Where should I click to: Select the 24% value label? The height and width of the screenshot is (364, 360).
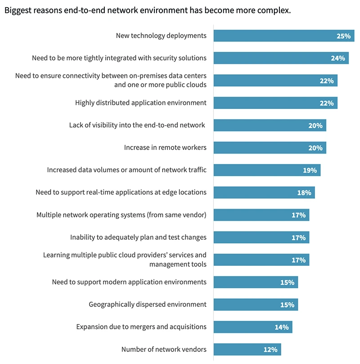tap(338, 58)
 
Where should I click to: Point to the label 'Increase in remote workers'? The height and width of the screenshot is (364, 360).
tap(165, 148)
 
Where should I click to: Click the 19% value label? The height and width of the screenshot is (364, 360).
tap(310, 170)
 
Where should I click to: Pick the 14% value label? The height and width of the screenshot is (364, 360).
tap(282, 327)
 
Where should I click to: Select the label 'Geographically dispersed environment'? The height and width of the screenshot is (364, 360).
tap(148, 305)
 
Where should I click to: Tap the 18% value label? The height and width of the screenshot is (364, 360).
tap(304, 193)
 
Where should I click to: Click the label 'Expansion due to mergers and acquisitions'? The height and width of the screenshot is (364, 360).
tap(141, 327)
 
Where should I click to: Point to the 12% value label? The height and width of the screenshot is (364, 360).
tap(270, 350)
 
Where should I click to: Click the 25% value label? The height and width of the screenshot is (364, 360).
tap(343, 36)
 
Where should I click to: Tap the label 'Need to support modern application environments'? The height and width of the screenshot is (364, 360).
tap(129, 282)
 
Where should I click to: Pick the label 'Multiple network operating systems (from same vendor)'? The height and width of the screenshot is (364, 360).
tap(121, 215)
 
